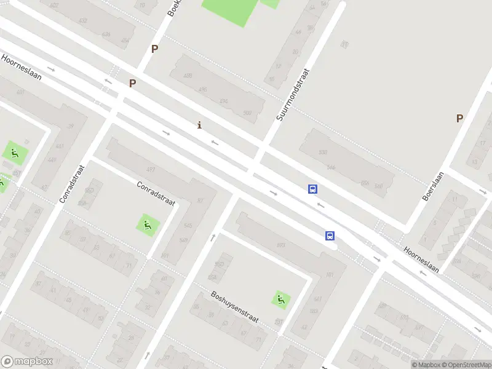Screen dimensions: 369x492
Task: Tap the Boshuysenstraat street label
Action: coord(234,307)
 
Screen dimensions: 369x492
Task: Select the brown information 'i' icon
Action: coord(199,125)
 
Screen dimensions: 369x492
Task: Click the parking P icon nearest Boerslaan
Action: coord(459,118)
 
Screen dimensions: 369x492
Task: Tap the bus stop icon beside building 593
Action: coord(330,236)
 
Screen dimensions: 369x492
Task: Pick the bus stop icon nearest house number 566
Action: coord(313,189)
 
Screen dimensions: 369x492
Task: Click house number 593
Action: coord(281,245)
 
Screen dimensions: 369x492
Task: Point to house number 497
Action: coord(151,170)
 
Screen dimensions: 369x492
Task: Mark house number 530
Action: coord(323,152)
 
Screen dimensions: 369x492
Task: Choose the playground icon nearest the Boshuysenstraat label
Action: coord(282,300)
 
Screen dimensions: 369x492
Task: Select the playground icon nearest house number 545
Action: coord(147,225)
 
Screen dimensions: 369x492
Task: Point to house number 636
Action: coord(106,34)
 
